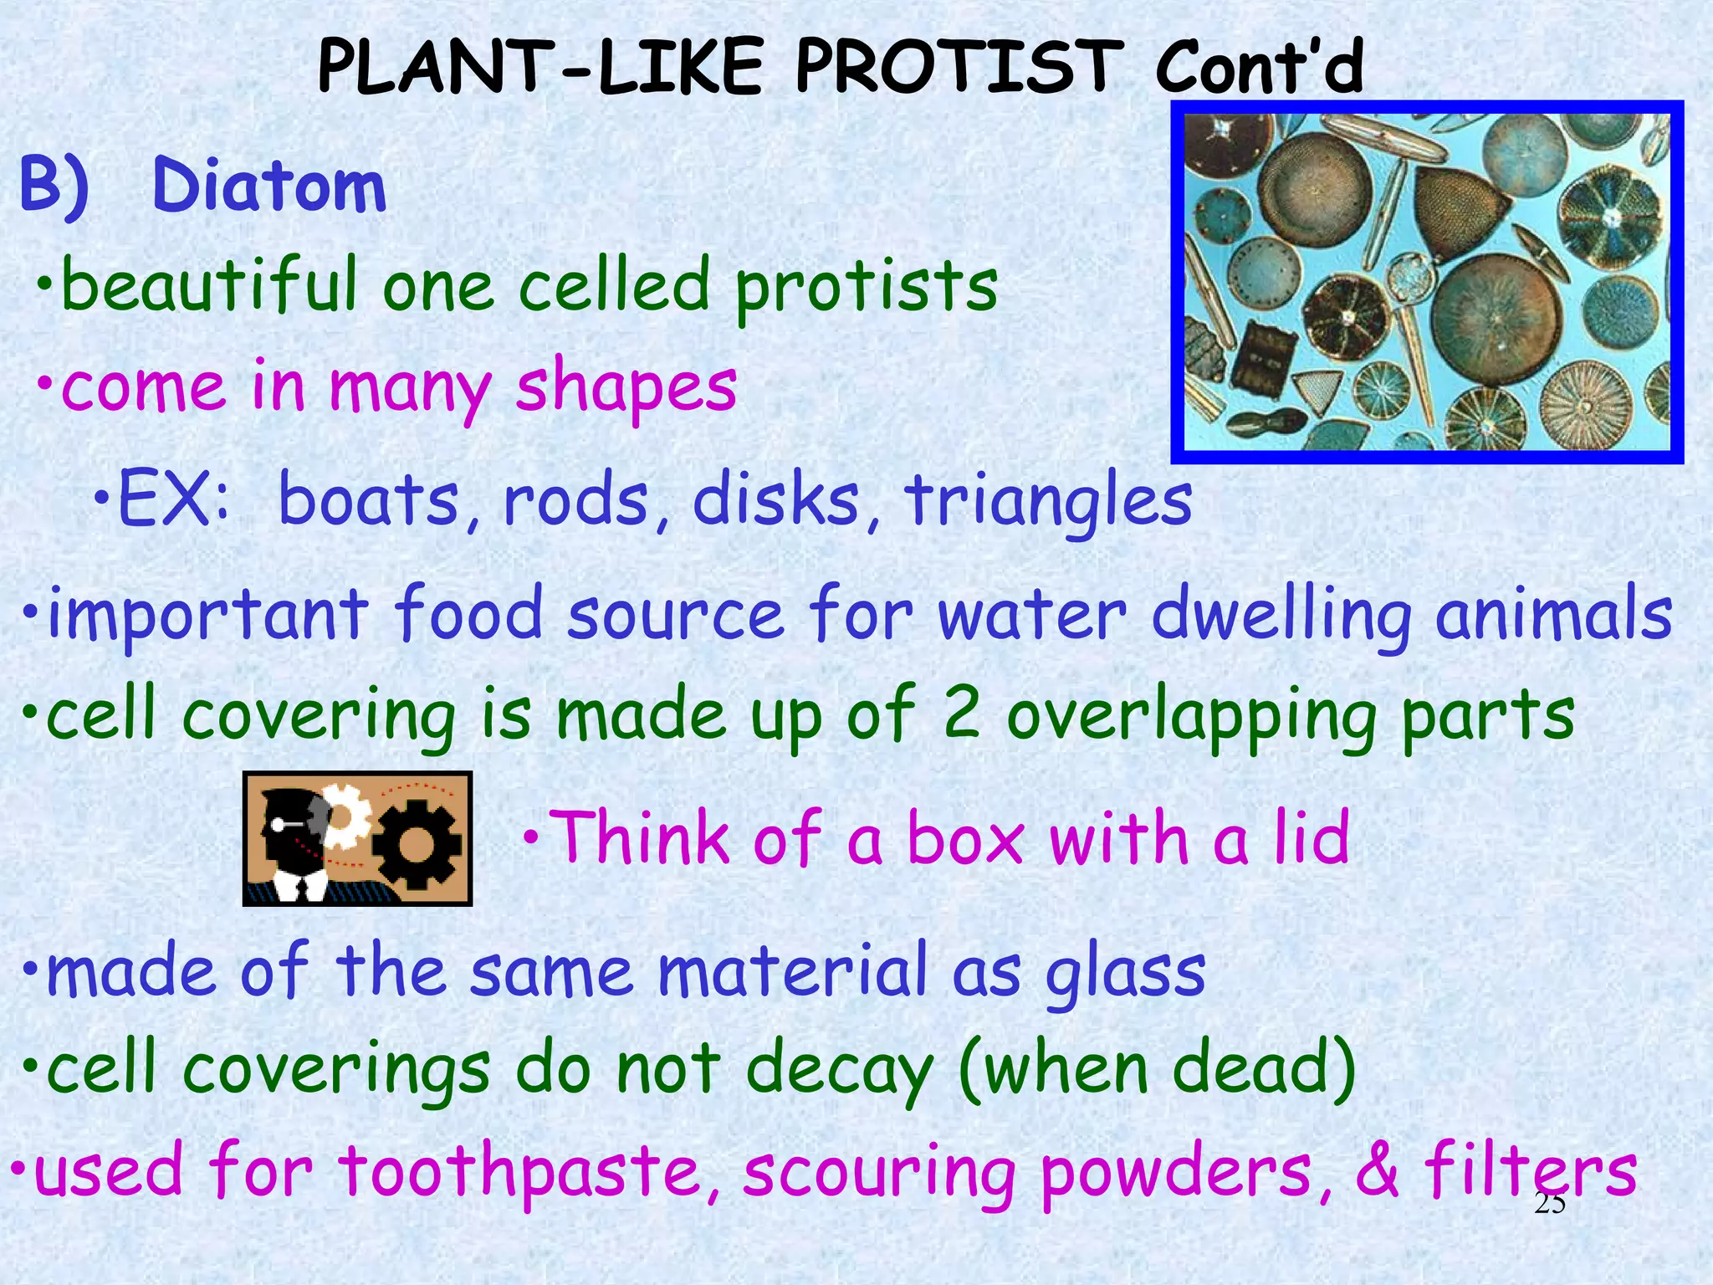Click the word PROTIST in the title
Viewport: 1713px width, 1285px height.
[959, 67]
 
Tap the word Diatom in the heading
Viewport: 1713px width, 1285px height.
[269, 186]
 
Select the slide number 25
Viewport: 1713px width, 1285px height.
[1549, 1204]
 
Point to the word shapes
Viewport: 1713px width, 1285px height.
[626, 387]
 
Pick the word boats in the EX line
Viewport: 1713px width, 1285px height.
[368, 500]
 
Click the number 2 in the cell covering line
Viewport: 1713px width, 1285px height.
[961, 713]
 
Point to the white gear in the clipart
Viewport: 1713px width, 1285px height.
[347, 816]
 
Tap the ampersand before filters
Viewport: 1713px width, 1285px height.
[1377, 1171]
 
